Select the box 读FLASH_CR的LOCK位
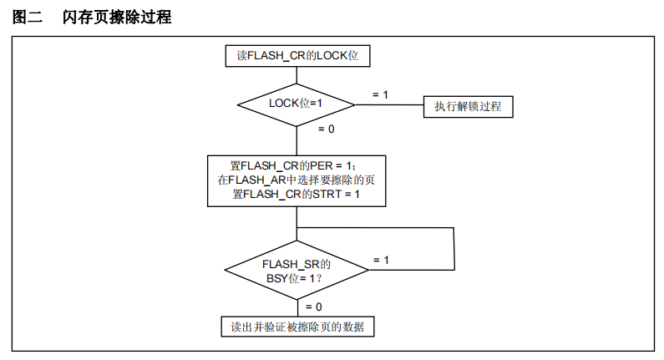[x=297, y=56]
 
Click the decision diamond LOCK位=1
[x=297, y=104]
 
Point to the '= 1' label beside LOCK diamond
[x=380, y=94]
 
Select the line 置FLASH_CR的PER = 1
[x=297, y=166]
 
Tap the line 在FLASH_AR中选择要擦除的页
[x=297, y=180]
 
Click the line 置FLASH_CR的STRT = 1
[x=297, y=193]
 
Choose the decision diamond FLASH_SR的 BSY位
[x=297, y=270]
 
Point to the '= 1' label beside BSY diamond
[x=380, y=260]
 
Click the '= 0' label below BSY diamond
[x=313, y=307]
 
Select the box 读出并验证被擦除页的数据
[x=297, y=326]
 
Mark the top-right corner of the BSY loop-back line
[x=454, y=227]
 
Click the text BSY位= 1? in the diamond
[x=294, y=277]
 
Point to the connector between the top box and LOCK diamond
[x=297, y=74]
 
